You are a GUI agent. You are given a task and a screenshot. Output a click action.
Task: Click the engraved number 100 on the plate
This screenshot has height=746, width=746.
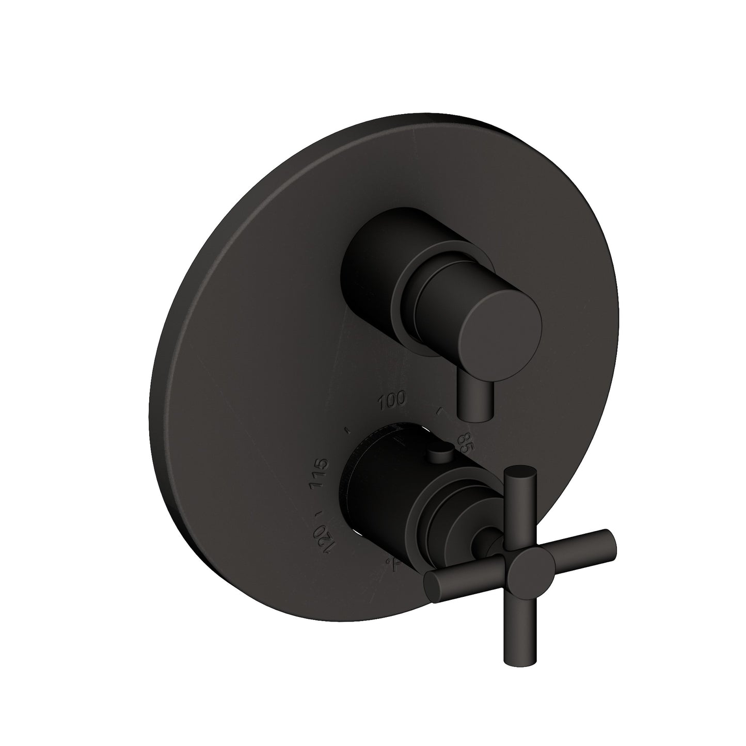(391, 400)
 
